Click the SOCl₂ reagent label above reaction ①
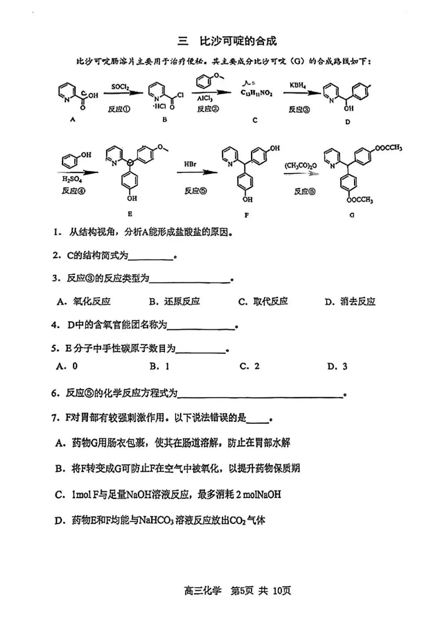click(120, 87)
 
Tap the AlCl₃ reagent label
click(205, 99)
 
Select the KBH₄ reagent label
click(298, 85)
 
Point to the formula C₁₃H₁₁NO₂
click(257, 93)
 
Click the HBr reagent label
click(190, 164)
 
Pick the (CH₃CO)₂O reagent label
click(300, 166)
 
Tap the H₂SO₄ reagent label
click(72, 179)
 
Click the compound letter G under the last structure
click(352, 215)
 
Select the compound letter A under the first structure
click(73, 119)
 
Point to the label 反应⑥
click(305, 191)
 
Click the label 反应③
click(299, 110)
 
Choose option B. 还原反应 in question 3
click(174, 301)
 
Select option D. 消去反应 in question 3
click(350, 302)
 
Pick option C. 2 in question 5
click(249, 366)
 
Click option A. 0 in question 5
click(67, 366)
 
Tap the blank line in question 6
click(261, 394)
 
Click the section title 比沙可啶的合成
click(238, 41)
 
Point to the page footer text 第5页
click(242, 591)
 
